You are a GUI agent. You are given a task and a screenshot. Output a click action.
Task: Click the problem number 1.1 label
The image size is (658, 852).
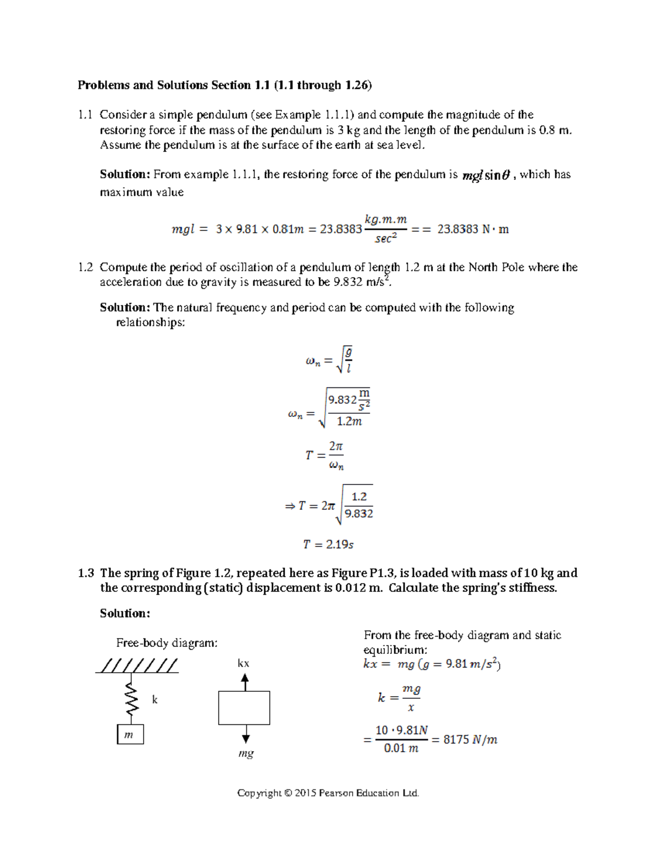tap(85, 115)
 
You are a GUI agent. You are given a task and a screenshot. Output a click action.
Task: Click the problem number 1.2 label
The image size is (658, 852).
tap(85, 267)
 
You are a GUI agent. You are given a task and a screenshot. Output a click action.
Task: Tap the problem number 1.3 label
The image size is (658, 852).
tap(86, 573)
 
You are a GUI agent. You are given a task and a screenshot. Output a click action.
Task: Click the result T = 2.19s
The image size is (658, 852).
tap(328, 544)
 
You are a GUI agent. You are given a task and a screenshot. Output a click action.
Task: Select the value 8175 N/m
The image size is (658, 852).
tap(470, 740)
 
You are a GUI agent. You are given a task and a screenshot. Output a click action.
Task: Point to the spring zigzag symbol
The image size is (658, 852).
tap(131, 700)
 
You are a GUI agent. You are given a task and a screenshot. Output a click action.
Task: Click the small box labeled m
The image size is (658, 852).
tap(130, 735)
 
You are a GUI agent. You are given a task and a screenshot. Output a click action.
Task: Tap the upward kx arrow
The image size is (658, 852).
tap(245, 682)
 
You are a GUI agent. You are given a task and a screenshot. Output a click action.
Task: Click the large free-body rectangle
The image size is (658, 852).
tap(244, 708)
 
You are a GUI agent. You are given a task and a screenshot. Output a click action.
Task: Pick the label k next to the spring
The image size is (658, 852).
tap(155, 699)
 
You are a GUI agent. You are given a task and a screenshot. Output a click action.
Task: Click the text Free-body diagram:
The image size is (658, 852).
tap(167, 643)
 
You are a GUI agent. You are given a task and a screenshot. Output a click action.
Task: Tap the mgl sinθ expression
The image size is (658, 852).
tap(486, 176)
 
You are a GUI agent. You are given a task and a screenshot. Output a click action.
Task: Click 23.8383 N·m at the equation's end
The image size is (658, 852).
tap(473, 229)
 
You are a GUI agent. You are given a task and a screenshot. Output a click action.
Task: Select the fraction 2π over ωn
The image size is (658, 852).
tap(336, 455)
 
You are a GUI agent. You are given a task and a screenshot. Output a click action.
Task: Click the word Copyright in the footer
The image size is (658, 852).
tap(259, 793)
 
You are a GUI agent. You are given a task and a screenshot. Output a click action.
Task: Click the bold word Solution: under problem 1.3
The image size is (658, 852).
tap(124, 613)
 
